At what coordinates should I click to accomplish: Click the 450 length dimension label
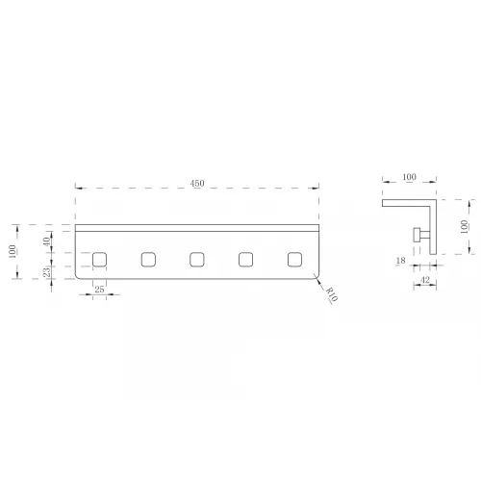click(197, 184)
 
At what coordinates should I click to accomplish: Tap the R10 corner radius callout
click(332, 294)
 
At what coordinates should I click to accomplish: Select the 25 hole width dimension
click(99, 290)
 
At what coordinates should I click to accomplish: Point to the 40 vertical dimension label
click(47, 241)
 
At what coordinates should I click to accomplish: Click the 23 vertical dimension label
click(47, 272)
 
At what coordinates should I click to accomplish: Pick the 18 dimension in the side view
click(400, 261)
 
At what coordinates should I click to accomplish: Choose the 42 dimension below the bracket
click(425, 280)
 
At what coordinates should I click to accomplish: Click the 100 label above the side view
click(409, 177)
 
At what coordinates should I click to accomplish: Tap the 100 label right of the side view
click(464, 227)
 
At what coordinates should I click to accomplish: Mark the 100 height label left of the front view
click(13, 251)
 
